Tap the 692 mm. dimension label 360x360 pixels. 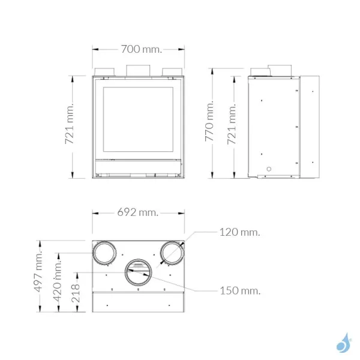(x=137, y=212)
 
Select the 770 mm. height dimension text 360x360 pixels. (x=210, y=127)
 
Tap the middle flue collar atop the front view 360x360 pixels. (x=139, y=70)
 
